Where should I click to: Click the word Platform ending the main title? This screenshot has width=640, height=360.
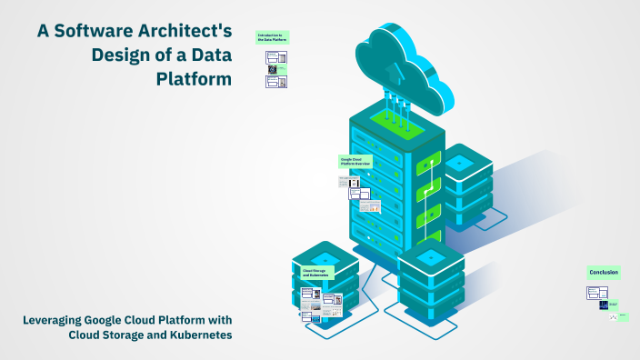(x=195, y=78)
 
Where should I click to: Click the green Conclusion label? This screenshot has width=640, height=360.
(x=603, y=272)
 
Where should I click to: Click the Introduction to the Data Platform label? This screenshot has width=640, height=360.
(x=272, y=37)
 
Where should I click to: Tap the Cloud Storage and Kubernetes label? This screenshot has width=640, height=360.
(x=316, y=272)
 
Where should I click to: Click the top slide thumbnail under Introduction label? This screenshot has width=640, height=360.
(x=276, y=56)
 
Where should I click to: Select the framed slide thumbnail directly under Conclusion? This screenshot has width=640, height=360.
(x=597, y=292)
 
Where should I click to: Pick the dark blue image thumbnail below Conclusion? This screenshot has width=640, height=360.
(x=603, y=305)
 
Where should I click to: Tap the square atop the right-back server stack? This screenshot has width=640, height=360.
(x=460, y=162)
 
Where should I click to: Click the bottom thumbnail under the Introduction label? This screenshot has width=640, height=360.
(x=276, y=81)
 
